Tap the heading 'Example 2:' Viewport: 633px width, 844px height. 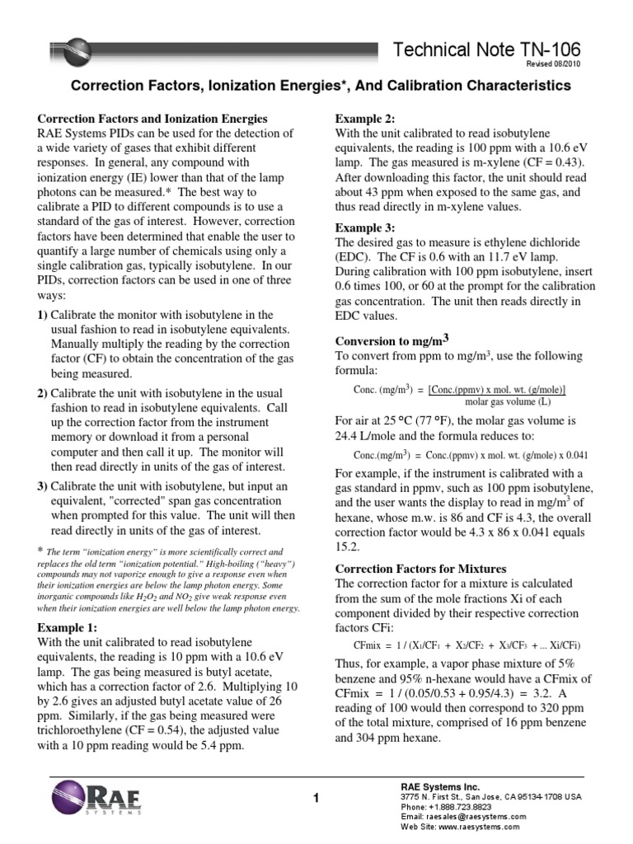click(x=363, y=118)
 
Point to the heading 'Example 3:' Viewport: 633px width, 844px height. click(x=363, y=227)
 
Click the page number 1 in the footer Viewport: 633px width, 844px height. click(x=316, y=796)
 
